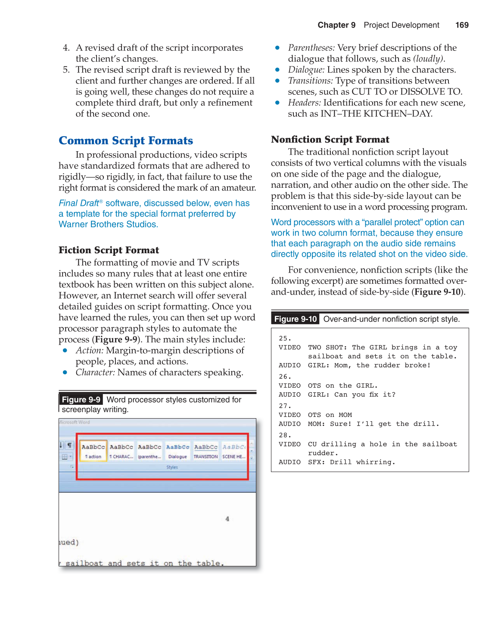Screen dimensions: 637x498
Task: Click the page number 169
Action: [462, 25]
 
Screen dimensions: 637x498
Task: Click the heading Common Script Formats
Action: [126, 141]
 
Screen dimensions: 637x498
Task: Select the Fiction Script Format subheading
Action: [109, 250]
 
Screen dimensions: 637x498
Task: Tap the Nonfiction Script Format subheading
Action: [330, 140]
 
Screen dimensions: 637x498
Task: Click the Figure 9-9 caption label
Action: [81, 400]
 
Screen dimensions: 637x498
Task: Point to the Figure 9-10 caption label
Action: [295, 319]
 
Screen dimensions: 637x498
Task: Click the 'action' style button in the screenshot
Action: [93, 451]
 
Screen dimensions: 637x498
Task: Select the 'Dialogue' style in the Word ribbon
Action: [177, 451]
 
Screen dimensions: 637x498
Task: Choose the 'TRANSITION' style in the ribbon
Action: [205, 451]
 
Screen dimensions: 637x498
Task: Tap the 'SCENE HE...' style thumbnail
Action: [233, 451]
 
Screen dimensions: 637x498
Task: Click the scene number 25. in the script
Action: [285, 339]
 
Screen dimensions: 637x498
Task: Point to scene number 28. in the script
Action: [285, 435]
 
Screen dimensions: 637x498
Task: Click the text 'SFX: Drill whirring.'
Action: [351, 462]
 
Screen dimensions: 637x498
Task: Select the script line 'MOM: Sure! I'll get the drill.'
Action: [373, 424]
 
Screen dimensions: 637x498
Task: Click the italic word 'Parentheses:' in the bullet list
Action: [311, 48]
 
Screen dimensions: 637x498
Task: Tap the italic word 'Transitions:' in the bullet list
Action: [310, 81]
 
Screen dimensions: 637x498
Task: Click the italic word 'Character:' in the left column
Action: [95, 373]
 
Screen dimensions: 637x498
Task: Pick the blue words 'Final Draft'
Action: [79, 203]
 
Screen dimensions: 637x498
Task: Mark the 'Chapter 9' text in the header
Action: [336, 25]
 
